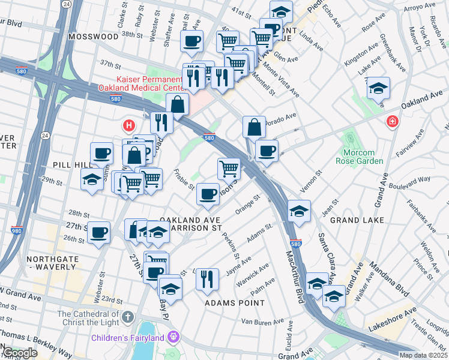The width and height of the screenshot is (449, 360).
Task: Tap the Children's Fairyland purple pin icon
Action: click(x=174, y=338)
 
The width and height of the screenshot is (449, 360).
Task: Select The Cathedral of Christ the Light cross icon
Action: click(x=127, y=316)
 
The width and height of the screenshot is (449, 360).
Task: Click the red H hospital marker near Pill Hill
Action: click(x=128, y=125)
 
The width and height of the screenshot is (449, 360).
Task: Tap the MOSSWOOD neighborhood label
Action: click(x=93, y=37)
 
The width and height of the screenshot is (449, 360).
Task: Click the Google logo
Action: click(x=19, y=353)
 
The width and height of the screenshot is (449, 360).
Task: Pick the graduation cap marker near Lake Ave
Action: click(x=378, y=89)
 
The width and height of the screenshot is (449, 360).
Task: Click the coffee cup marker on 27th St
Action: click(x=98, y=232)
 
